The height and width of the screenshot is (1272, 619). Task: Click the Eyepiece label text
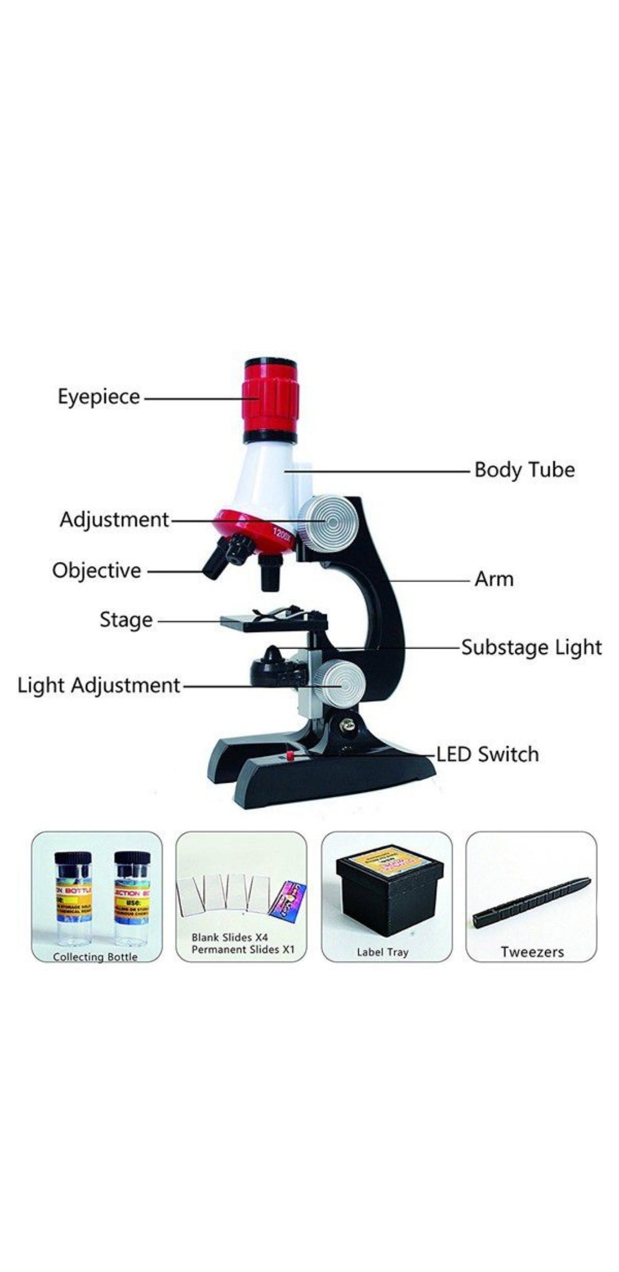[99, 397]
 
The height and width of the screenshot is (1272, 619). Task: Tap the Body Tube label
[524, 470]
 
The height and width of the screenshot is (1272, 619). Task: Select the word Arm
[493, 579]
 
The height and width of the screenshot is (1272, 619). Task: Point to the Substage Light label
[531, 647]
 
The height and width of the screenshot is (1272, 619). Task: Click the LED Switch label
[487, 754]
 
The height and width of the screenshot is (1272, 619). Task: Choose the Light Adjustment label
[98, 685]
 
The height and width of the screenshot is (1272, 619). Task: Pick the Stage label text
[126, 619]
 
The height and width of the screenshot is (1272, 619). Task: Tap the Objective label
[96, 570]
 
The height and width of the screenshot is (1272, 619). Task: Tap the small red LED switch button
[289, 755]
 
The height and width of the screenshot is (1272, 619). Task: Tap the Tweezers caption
[532, 952]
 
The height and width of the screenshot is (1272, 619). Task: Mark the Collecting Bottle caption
[95, 956]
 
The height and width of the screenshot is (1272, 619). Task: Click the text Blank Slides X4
[229, 937]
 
